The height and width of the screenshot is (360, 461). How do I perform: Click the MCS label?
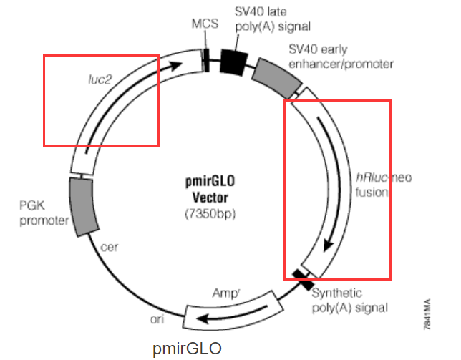(205, 24)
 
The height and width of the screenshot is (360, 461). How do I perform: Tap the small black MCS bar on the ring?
(206, 60)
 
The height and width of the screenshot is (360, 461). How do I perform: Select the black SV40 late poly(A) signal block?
(234, 62)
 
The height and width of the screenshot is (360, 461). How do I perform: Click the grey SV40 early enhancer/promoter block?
(277, 79)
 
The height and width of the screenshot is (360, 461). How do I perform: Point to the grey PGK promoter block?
(83, 207)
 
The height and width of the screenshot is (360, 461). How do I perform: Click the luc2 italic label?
(100, 79)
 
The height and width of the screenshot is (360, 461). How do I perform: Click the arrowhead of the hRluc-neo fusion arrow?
(328, 245)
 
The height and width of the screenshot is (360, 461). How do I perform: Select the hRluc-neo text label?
(384, 177)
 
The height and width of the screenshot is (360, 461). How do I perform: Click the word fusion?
(372, 193)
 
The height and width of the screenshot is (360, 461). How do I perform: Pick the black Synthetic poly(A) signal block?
(303, 280)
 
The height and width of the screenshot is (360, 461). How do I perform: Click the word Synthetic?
(337, 293)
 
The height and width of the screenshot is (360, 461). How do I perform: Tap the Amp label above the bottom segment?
(225, 293)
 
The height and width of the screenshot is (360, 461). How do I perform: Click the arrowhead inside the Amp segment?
(203, 318)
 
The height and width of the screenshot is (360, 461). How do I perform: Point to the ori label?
(157, 319)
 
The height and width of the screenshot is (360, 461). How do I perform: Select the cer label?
(109, 248)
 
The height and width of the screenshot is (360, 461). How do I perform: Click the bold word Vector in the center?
(210, 198)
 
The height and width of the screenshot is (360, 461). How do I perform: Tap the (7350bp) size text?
(210, 214)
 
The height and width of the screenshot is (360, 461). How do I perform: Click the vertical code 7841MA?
(427, 314)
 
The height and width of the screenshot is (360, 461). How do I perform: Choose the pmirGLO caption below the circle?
(187, 349)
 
